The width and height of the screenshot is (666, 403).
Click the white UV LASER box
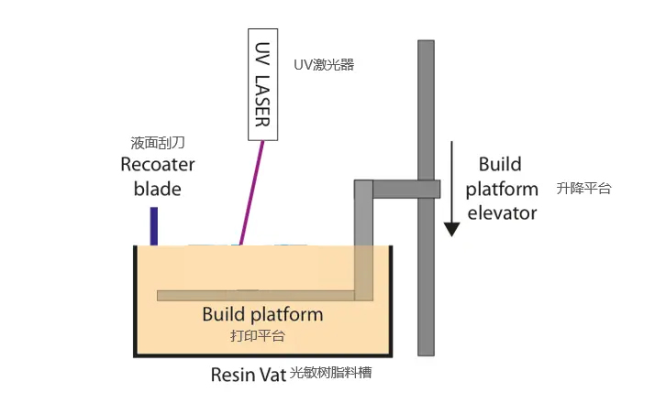pos(263,84)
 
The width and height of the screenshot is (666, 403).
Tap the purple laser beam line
pos(252,192)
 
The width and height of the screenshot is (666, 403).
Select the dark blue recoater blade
pos(154,226)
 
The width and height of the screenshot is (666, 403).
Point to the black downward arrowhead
pos(452,230)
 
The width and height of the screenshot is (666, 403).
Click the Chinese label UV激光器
pos(324,64)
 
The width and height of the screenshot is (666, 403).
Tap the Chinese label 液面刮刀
pos(158,143)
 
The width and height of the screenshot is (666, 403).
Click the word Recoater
pos(158,165)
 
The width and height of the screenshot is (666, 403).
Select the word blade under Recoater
pos(158,189)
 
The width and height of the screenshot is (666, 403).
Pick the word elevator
pos(502,213)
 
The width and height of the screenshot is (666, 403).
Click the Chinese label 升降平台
pos(583,189)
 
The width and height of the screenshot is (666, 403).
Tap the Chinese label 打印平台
pos(258,336)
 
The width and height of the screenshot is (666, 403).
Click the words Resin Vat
pos(249,375)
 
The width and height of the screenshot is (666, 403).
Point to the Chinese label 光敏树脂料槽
pos(331,373)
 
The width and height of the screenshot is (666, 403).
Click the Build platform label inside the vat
pos(262,314)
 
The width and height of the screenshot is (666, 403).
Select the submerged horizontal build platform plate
pos(256,296)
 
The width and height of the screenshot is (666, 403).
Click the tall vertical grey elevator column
pos(426,198)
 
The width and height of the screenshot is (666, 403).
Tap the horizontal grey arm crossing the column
pos(406,190)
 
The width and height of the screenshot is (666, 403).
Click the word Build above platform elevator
pos(500,165)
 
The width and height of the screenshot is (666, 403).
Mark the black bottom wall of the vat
pos(263,355)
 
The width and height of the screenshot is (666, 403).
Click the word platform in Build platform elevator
pos(502,190)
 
